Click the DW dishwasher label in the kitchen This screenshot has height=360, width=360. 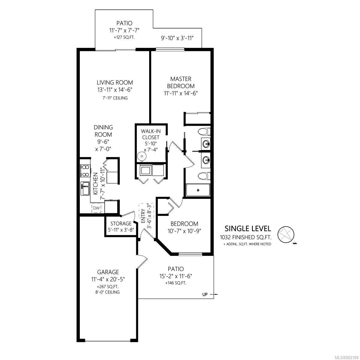[x=96, y=208]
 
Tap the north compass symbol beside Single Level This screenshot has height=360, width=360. [x=286, y=235]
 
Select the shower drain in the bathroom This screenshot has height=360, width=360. [x=198, y=190]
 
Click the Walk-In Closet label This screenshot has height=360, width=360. [x=151, y=134]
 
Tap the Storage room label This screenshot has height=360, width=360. [x=121, y=223]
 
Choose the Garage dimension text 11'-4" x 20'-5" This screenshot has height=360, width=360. [x=108, y=279]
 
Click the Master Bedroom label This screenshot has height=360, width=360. [x=181, y=82]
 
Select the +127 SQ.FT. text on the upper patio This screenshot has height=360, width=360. [x=124, y=37]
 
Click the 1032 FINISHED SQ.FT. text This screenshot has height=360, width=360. [x=246, y=237]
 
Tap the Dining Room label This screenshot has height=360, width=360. [x=103, y=131]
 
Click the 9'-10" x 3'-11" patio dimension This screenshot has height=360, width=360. [x=177, y=38]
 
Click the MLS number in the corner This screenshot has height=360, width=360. [x=349, y=357]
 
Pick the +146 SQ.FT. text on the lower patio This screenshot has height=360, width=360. [x=176, y=283]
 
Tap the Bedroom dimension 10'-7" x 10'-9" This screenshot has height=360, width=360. [x=184, y=231]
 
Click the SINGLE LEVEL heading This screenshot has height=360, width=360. [x=248, y=229]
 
